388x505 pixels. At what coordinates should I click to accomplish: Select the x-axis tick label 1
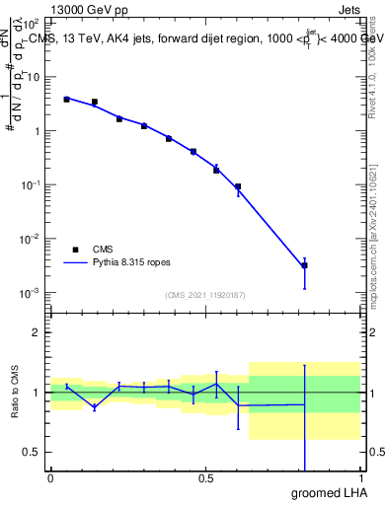(359, 478)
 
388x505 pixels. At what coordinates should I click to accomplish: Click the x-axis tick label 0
(50, 478)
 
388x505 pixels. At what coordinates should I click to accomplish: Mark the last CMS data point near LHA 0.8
(304, 265)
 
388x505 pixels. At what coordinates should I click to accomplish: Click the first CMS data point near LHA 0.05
(66, 99)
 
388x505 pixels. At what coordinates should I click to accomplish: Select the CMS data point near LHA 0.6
(238, 186)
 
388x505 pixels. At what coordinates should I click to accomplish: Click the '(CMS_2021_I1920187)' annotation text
(204, 295)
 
